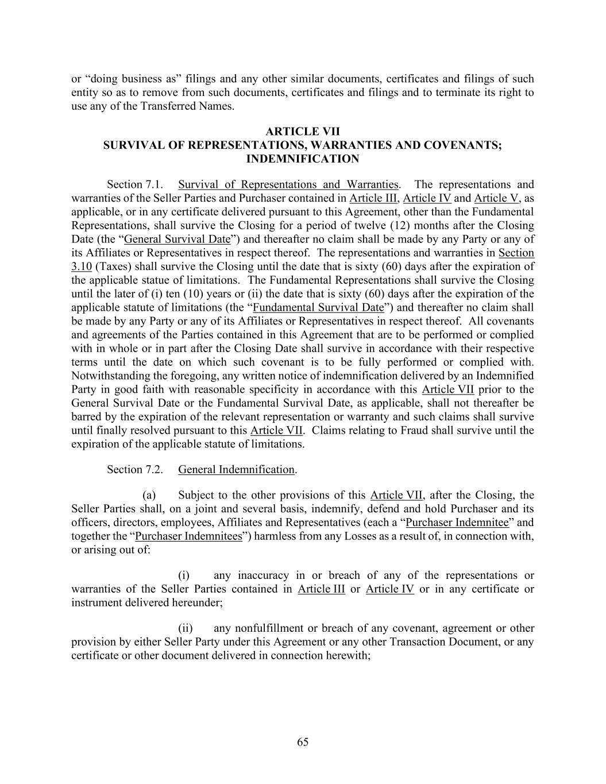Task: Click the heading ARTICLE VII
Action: pos(303,132)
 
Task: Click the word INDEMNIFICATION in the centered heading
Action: pos(303,159)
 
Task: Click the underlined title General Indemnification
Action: pos(236,470)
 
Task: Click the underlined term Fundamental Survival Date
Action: pos(318,307)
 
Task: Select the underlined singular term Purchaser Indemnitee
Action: pos(457,523)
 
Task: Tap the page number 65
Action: pos(303,742)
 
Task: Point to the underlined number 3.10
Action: pos(82,267)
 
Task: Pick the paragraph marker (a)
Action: pos(149,495)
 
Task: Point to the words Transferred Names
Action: pos(187,106)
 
